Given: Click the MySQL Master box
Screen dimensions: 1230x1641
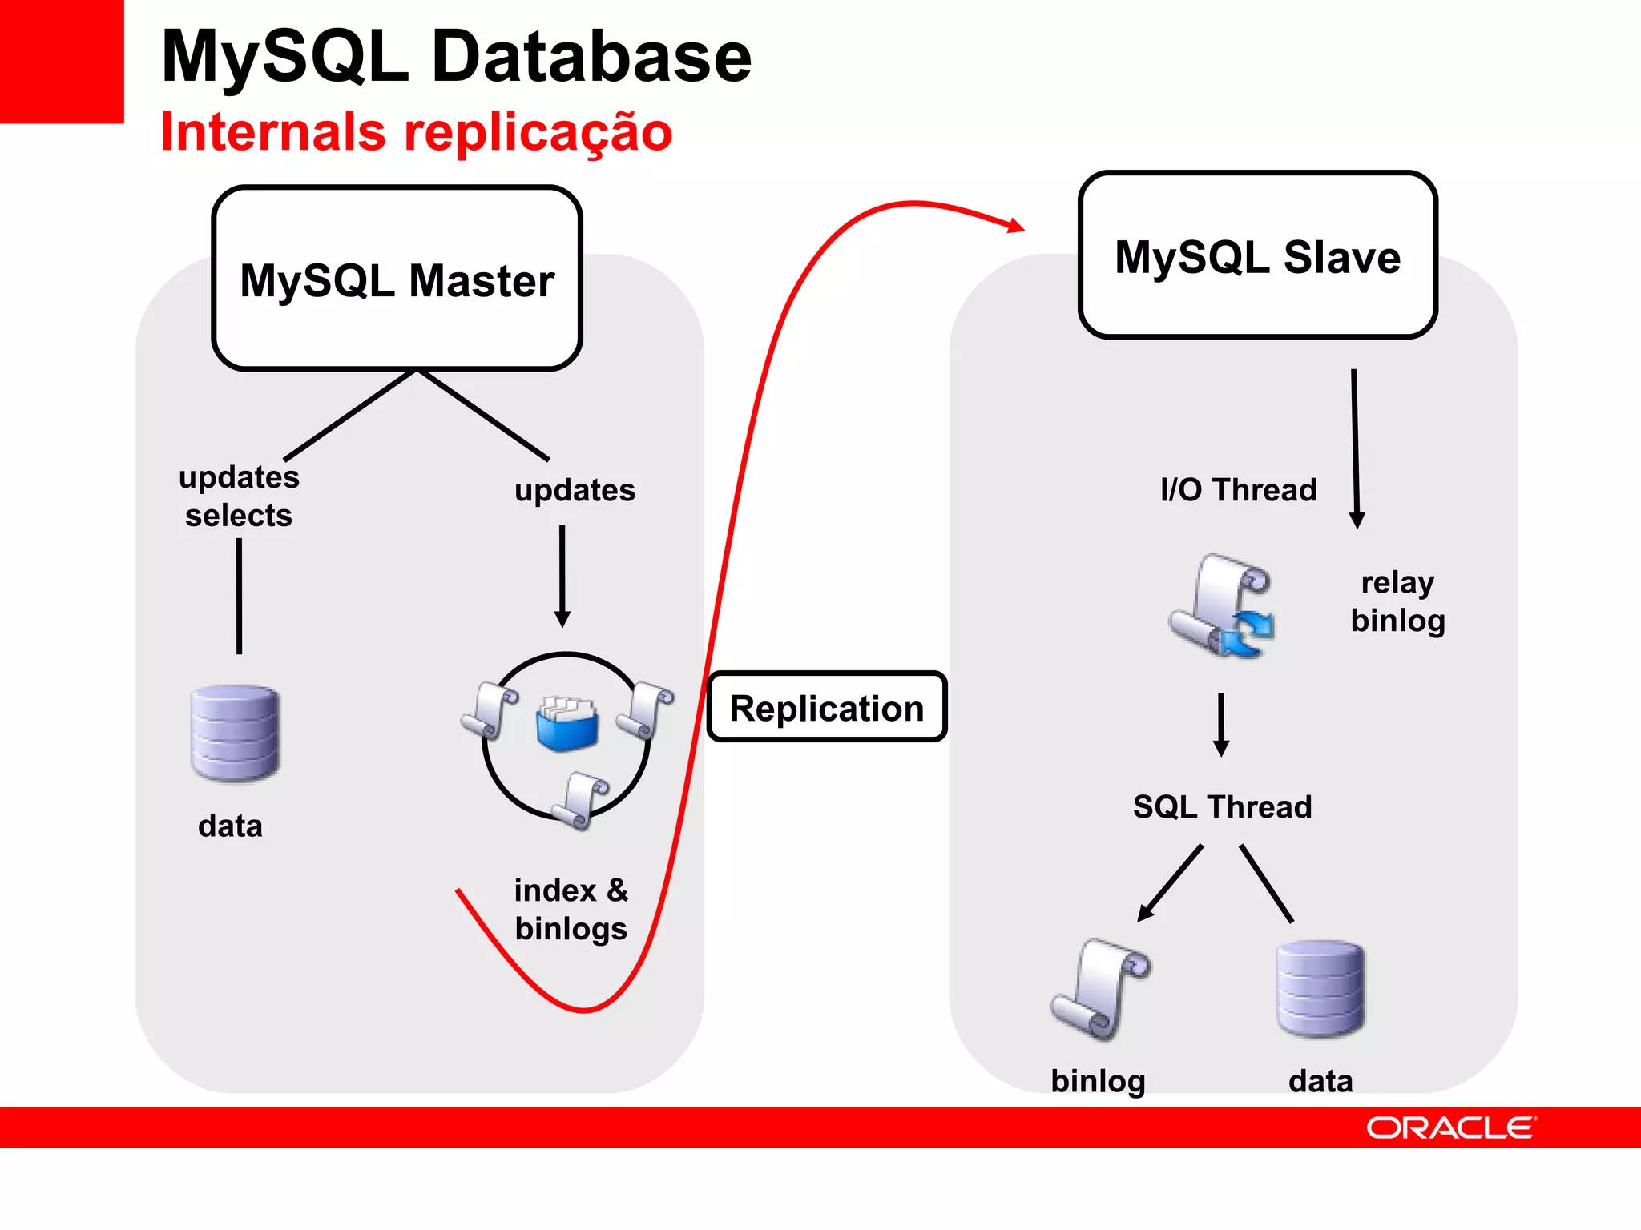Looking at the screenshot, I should pyautogui.click(x=397, y=279).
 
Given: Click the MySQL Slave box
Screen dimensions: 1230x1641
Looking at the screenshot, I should pyautogui.click(x=1257, y=255).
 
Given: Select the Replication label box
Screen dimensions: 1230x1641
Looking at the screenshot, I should pyautogui.click(x=827, y=708).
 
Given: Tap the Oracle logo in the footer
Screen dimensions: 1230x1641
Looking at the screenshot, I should pyautogui.click(x=1451, y=1127).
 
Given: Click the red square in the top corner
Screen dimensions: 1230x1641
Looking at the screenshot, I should pyautogui.click(x=61, y=61).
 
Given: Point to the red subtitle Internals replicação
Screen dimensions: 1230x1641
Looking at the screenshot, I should pyautogui.click(x=416, y=132).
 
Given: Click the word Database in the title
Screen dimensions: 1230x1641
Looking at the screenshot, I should pyautogui.click(x=591, y=58).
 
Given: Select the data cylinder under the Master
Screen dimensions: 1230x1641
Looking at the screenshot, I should pyautogui.click(x=235, y=733).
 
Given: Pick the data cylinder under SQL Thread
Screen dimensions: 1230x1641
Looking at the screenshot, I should pyautogui.click(x=1320, y=989).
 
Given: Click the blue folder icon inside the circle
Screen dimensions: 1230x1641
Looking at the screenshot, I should pyautogui.click(x=566, y=725).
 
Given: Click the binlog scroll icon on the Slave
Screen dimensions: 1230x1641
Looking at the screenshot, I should pyautogui.click(x=1099, y=991).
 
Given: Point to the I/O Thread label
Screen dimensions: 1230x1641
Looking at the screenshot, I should pyautogui.click(x=1238, y=490).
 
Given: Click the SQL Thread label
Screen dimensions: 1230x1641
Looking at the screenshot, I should pyautogui.click(x=1222, y=807).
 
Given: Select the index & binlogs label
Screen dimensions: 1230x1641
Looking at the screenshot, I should pyautogui.click(x=571, y=910).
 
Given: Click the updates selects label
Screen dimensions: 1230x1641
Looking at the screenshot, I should pyautogui.click(x=238, y=496).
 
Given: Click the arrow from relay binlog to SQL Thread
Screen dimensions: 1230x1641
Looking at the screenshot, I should pyautogui.click(x=1221, y=725).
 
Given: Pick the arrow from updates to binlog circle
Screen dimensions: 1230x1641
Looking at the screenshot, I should pyautogui.click(x=562, y=577).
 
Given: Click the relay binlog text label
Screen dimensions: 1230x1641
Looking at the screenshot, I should pyautogui.click(x=1397, y=602).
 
